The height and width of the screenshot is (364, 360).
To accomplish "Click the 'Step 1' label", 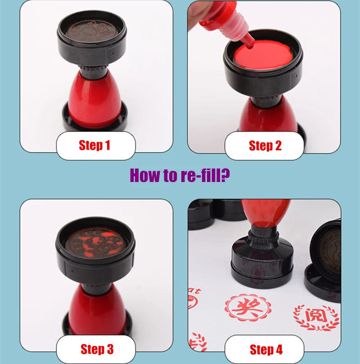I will point(94,145).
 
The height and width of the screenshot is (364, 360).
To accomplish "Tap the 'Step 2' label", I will point(265,146).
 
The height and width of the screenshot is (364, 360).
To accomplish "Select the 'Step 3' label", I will point(96,349).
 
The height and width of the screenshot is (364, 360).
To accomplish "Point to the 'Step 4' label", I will point(266,349).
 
